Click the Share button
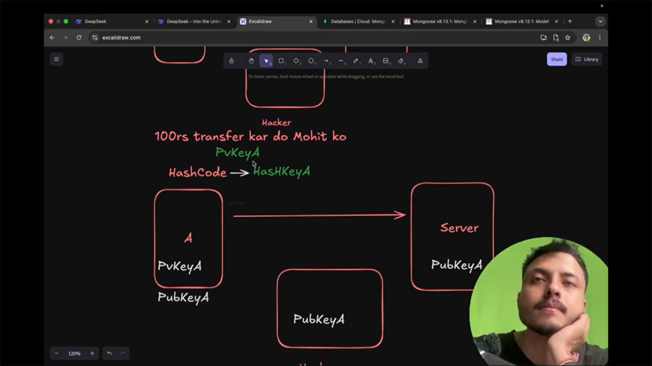556,59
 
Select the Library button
587,59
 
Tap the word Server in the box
459,228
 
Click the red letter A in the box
188,238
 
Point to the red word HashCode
197,173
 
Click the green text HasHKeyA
281,172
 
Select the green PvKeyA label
237,153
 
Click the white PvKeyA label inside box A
180,266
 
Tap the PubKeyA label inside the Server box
456,265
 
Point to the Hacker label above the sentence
277,123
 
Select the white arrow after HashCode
239,173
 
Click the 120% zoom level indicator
74,354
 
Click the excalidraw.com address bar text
121,37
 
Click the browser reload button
79,37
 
